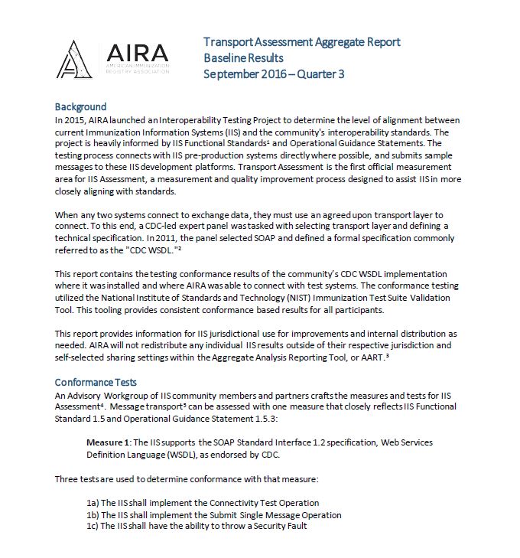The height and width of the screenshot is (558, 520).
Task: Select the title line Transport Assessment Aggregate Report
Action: click(301, 42)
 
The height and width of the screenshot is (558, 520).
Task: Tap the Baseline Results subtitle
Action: click(243, 58)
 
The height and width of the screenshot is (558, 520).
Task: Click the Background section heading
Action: click(80, 107)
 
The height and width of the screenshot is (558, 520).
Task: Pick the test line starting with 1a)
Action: click(202, 503)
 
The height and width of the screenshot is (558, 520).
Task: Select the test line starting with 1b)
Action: click(213, 515)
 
